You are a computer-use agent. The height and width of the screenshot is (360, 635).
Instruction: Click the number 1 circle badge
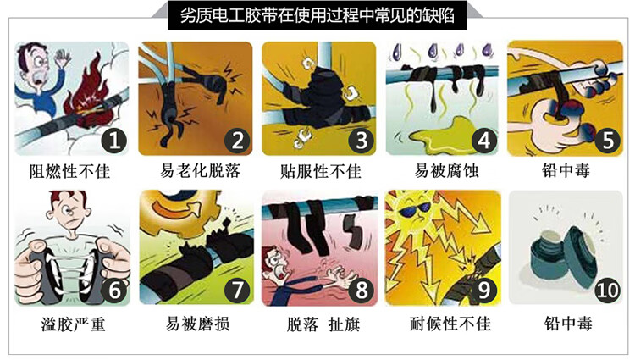[113, 140]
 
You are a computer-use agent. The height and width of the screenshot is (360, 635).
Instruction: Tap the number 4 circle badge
[484, 140]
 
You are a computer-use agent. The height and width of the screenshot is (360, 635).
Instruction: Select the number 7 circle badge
[237, 290]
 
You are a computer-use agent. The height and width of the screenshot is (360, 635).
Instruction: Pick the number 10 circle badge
[607, 290]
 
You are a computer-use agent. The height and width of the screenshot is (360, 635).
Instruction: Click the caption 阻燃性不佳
[69, 171]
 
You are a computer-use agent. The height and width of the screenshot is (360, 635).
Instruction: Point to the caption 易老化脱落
[200, 170]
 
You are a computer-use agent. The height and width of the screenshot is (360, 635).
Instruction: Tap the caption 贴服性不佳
[320, 171]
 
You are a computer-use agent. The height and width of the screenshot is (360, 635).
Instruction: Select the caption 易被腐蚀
[446, 170]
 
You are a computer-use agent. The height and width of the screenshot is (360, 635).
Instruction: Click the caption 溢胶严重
[74, 324]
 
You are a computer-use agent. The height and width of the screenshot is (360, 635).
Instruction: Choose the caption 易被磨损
[197, 324]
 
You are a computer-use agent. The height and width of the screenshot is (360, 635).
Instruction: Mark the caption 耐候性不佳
[450, 324]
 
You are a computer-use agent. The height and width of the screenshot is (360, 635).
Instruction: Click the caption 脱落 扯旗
[323, 324]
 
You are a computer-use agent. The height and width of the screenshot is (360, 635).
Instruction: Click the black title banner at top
[317, 16]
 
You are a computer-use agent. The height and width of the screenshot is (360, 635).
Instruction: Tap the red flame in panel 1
[88, 93]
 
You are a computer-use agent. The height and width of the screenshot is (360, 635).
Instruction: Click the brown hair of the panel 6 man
[68, 197]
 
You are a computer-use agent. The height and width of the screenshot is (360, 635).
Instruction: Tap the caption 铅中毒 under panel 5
[566, 170]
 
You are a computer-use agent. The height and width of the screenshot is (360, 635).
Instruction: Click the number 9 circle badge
[484, 290]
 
